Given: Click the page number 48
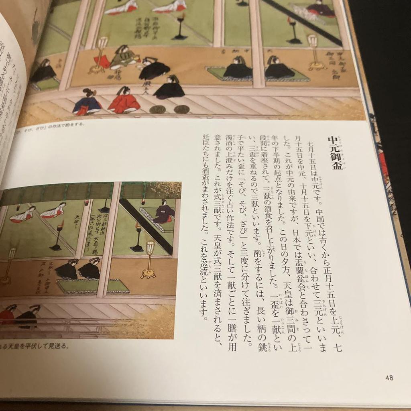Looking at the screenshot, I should (389, 378).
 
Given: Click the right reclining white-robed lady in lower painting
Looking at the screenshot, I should (53, 210).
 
